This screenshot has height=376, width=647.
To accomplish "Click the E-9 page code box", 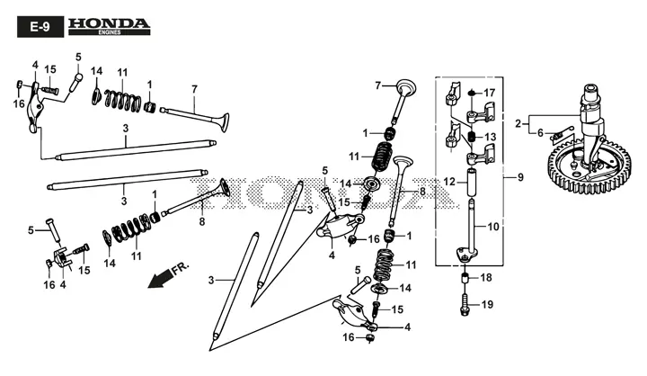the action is [x=40, y=27].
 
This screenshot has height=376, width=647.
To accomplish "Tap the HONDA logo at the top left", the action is [x=109, y=26].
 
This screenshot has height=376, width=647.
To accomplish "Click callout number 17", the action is [x=490, y=93].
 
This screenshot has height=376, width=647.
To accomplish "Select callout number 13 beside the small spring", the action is [x=491, y=137].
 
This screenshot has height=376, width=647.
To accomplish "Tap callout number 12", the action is [x=449, y=182].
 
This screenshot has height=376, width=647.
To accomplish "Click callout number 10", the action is [x=493, y=227].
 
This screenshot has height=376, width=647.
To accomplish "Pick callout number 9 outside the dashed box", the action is [x=520, y=177].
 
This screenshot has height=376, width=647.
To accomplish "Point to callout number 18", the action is [x=486, y=278].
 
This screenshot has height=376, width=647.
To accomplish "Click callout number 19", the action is [x=487, y=305].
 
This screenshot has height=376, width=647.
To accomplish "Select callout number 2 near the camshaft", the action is [x=518, y=123].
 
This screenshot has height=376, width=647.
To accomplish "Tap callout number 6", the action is [x=541, y=133].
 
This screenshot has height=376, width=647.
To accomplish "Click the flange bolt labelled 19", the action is [x=465, y=305].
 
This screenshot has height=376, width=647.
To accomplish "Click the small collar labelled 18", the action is [x=465, y=278].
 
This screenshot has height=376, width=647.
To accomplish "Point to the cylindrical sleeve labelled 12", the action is [x=472, y=183].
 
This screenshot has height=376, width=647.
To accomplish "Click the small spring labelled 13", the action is [x=472, y=137].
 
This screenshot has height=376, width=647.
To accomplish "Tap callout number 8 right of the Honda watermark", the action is [x=422, y=192].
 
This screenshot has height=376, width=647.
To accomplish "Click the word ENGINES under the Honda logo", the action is [x=109, y=32].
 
